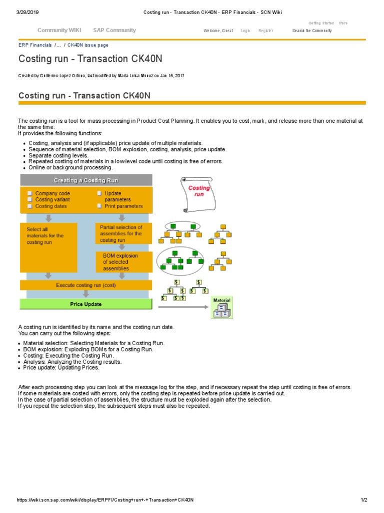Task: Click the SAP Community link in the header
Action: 114,30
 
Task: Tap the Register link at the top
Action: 265,31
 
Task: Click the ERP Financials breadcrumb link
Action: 35,45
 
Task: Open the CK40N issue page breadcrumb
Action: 87,45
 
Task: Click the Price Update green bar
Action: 85,304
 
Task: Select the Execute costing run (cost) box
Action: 85,285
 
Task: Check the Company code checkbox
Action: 30,193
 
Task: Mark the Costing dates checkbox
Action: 30,206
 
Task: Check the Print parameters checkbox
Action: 99,206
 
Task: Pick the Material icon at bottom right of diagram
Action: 221,308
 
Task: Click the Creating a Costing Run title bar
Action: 85,180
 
